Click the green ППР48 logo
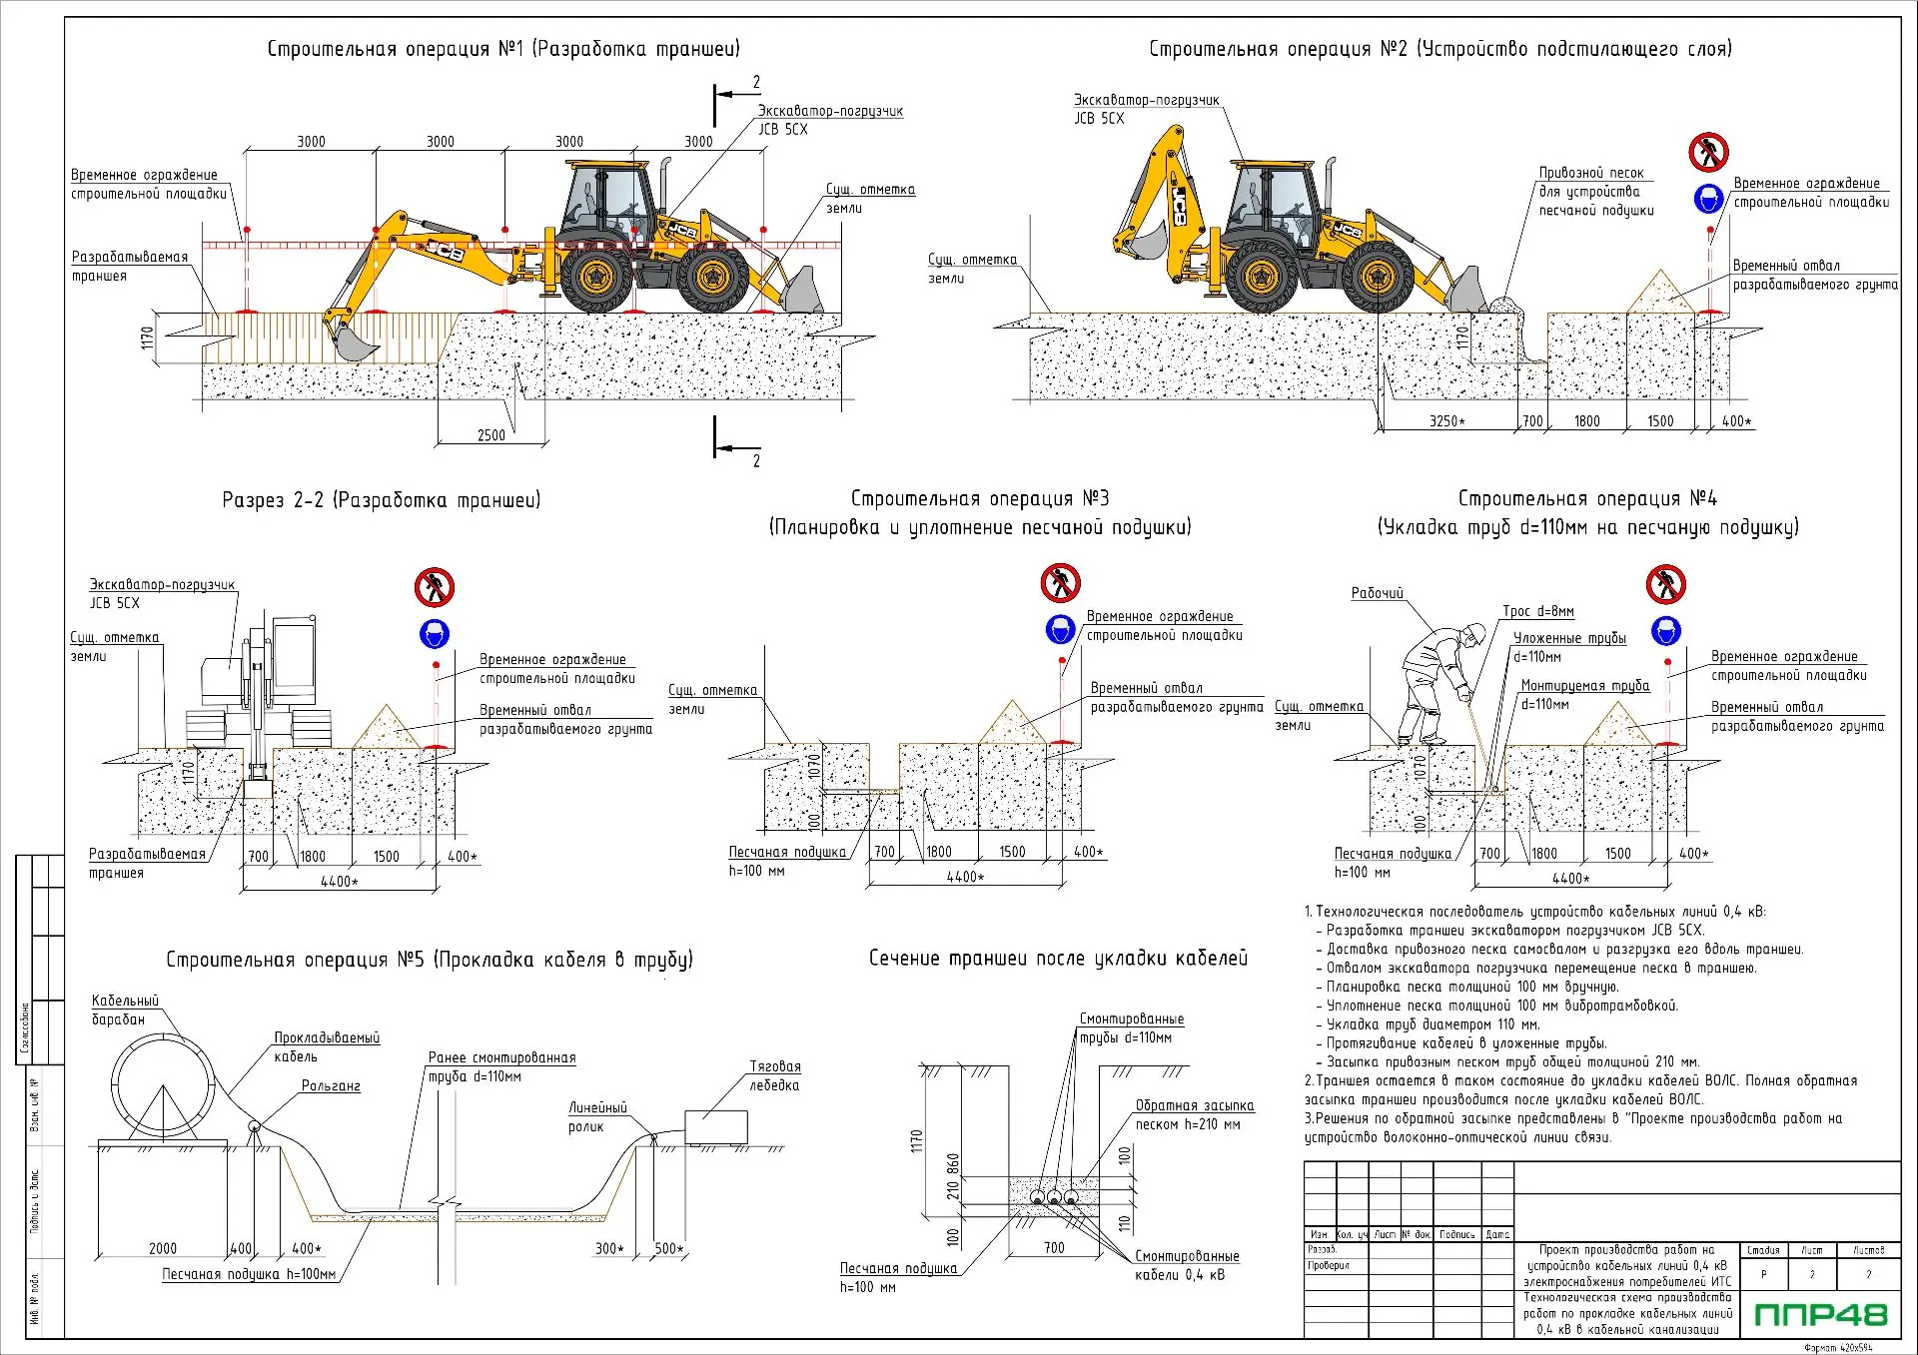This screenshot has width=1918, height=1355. coord(1820,1314)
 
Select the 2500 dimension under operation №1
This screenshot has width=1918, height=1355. coord(490,435)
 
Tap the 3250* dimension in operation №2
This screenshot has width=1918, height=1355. coord(1446,421)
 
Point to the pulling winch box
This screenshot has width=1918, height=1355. coord(715,1127)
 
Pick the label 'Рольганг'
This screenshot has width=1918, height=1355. coord(331,1086)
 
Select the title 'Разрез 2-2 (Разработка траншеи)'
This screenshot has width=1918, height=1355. coord(381,500)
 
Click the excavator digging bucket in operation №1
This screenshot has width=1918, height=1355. coord(355,342)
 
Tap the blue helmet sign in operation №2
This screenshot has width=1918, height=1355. coord(1708,199)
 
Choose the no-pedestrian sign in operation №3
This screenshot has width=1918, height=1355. coord(1060,583)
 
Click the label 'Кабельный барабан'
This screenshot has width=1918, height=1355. coord(125,1010)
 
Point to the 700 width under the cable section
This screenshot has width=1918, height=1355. coord(1054,1248)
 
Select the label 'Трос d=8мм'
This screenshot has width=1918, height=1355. coord(1537,611)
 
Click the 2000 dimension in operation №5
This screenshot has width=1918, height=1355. coord(163,1248)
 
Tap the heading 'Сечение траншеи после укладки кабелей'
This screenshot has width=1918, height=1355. coord(1058,959)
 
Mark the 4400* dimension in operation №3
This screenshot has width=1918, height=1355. coord(966,877)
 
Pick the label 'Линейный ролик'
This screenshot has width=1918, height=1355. coord(597,1117)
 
